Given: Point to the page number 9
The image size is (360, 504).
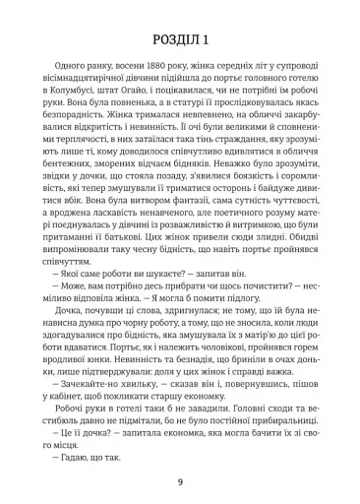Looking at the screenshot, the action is click(x=181, y=480).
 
